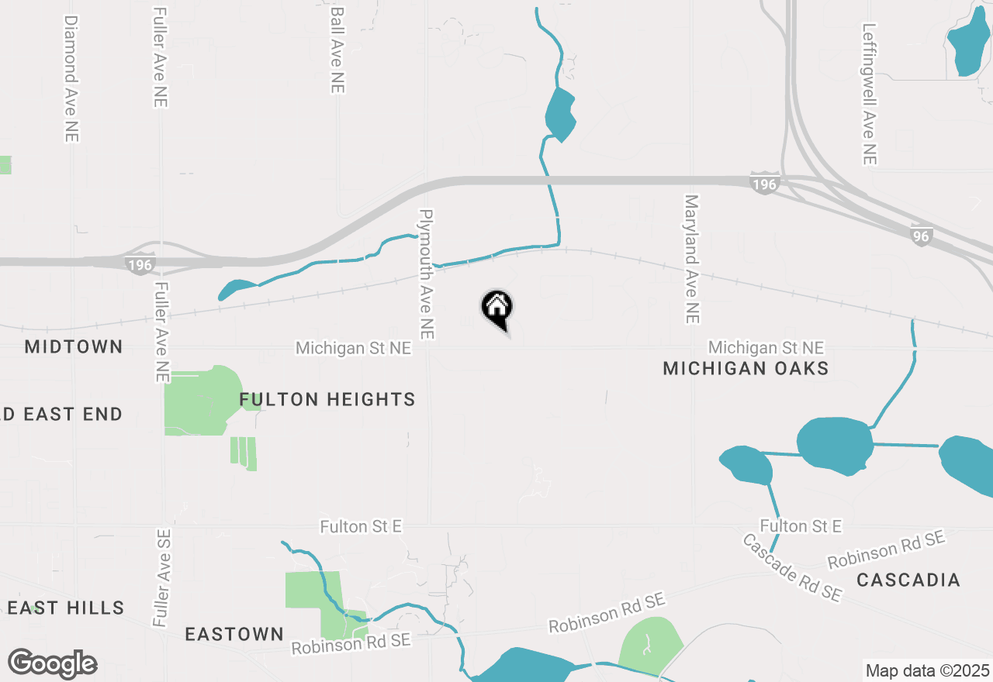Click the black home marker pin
click(x=497, y=308)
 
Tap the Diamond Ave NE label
click(x=71, y=77)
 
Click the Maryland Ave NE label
click(x=692, y=258)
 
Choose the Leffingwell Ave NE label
click(x=869, y=93)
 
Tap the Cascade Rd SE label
click(x=792, y=568)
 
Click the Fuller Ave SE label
click(x=161, y=577)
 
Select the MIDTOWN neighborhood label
click(x=74, y=346)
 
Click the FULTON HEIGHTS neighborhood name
click(x=327, y=400)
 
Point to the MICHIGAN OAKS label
click(x=746, y=368)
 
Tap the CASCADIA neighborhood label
click(x=908, y=580)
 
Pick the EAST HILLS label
click(x=66, y=608)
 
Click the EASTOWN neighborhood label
click(x=234, y=634)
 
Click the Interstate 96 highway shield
click(x=920, y=236)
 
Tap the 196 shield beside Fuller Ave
click(x=140, y=265)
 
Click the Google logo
click(x=53, y=663)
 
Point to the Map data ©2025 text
click(x=927, y=670)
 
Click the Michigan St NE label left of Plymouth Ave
click(x=353, y=349)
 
